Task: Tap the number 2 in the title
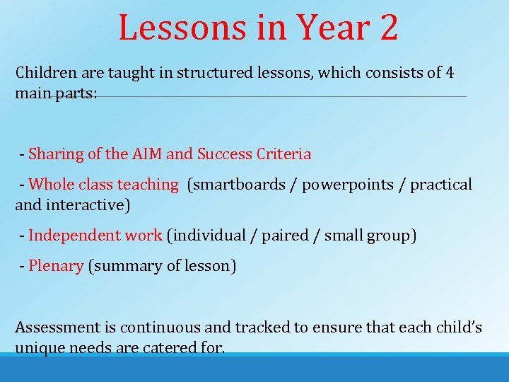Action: tap(388, 28)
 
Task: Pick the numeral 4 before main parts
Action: tap(450, 72)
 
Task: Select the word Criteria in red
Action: tap(283, 154)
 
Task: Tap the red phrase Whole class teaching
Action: tap(103, 185)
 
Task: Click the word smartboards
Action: tap(242, 185)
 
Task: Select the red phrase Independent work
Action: tap(95, 236)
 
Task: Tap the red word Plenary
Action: tap(56, 266)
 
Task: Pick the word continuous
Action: tap(160, 328)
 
